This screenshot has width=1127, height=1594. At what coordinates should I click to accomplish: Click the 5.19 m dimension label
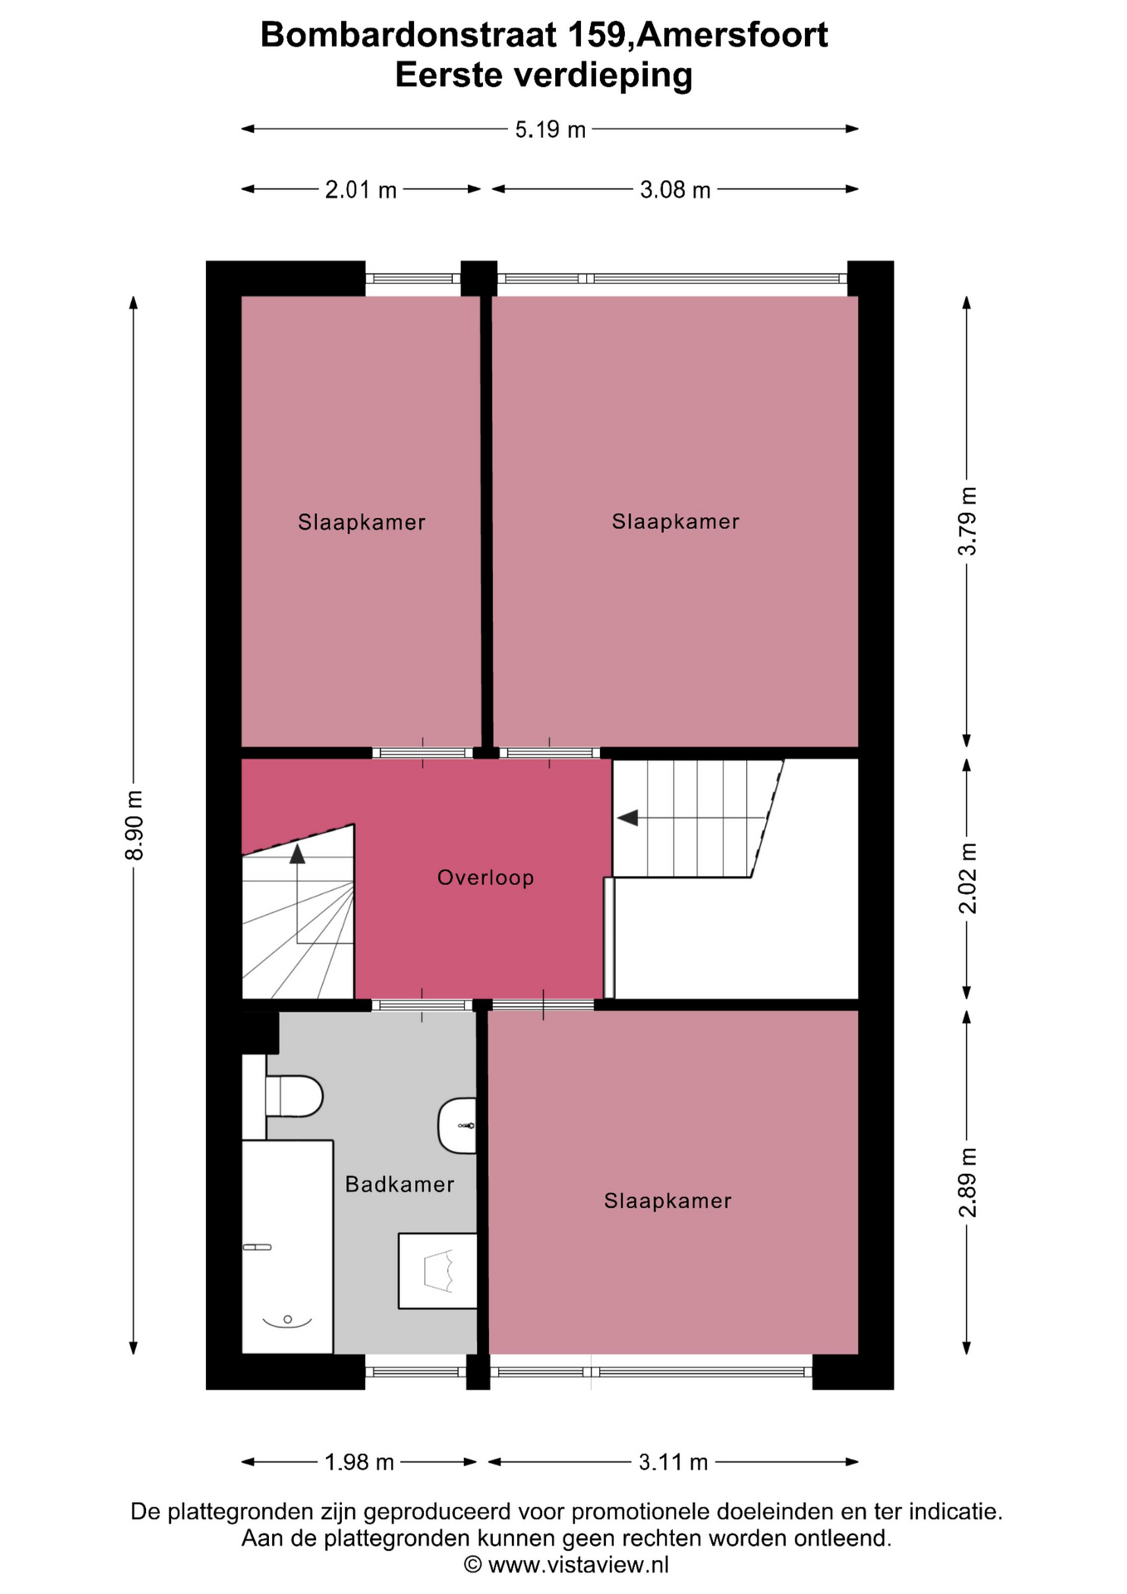click(550, 130)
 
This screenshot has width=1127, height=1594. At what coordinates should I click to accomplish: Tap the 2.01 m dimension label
click(360, 190)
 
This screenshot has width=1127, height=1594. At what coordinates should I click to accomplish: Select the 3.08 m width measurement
click(675, 190)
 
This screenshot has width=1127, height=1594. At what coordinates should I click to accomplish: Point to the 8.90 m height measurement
click(134, 825)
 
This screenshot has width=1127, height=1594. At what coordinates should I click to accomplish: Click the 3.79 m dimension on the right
click(968, 521)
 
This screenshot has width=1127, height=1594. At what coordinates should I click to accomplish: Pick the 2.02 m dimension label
click(968, 878)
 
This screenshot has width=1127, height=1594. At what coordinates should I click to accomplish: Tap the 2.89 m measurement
click(968, 1182)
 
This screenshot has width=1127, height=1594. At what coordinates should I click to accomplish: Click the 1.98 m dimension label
click(359, 1462)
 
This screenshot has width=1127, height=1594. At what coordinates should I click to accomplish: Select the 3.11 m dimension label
click(673, 1462)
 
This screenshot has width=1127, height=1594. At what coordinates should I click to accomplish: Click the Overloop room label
click(485, 878)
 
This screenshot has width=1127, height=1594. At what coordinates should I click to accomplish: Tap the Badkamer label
click(399, 1184)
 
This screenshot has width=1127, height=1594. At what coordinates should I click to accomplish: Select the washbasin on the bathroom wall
click(457, 1126)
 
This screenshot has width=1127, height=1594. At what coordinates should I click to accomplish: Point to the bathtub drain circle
click(287, 1319)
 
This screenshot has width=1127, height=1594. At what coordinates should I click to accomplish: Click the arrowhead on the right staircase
click(627, 818)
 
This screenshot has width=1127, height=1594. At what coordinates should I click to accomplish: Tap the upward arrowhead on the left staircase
click(297, 853)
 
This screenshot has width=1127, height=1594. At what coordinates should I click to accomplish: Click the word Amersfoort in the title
click(733, 36)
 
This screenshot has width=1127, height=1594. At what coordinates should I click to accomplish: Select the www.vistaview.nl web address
click(578, 1565)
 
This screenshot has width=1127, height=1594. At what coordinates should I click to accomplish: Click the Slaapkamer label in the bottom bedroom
click(667, 1200)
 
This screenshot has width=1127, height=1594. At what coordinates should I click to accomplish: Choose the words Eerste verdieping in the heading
click(544, 76)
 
